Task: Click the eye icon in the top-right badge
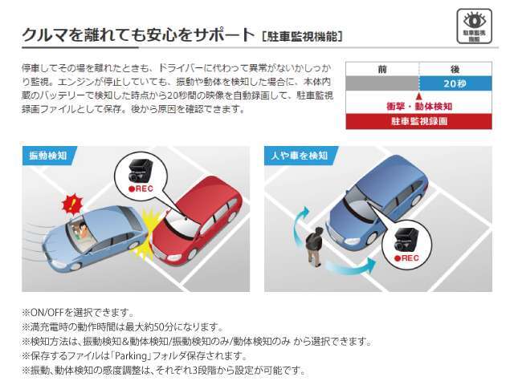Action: [x=474, y=20]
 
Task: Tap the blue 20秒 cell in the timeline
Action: [x=455, y=83]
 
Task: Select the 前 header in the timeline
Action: [x=382, y=69]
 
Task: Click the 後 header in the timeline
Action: [x=455, y=69]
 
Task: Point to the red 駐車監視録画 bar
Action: [x=419, y=121]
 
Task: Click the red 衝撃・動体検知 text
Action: [x=419, y=107]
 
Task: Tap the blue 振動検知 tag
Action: [x=48, y=156]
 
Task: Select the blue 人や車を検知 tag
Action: [x=300, y=156]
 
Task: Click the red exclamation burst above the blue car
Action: [x=73, y=203]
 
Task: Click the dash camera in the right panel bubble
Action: [x=406, y=240]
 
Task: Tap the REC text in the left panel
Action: [x=141, y=188]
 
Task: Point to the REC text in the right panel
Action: [x=407, y=258]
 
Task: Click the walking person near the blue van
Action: [x=315, y=246]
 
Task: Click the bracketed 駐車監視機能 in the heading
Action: [x=302, y=36]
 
